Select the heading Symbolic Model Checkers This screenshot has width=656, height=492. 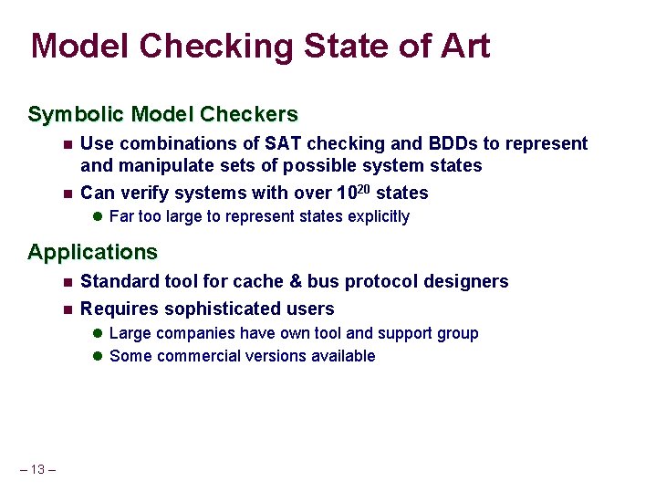click(x=162, y=115)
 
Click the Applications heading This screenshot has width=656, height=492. click(x=92, y=252)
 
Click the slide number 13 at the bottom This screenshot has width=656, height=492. click(x=37, y=470)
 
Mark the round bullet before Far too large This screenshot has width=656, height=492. click(x=98, y=217)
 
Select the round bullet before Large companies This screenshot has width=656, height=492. click(x=98, y=334)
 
